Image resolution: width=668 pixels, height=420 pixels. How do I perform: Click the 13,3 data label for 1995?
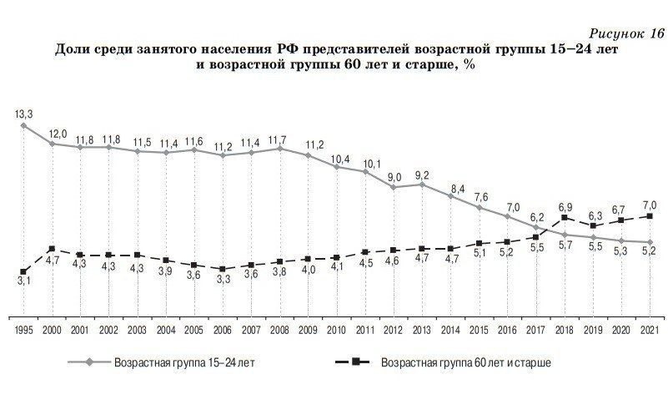[x=23, y=113]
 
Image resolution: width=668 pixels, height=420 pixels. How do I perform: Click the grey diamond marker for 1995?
[x=23, y=126]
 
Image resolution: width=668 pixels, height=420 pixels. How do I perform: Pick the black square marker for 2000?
[x=52, y=249]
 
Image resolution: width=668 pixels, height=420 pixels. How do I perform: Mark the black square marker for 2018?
[x=565, y=218]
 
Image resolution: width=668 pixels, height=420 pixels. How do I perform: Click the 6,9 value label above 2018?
[x=565, y=205]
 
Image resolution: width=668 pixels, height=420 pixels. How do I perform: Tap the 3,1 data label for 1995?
[x=23, y=282]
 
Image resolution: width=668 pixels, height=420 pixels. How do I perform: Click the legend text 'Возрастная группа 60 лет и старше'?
[x=465, y=363]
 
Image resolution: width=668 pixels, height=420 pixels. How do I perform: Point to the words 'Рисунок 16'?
[x=626, y=33]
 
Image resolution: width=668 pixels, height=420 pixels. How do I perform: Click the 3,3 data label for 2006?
[x=223, y=280]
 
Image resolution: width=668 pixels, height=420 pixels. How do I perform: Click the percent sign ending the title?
[x=470, y=66]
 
